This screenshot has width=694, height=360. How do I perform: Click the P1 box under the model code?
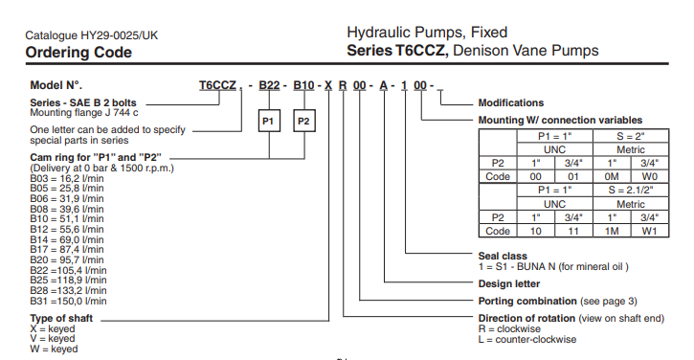coord(269,121)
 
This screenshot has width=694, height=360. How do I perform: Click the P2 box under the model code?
coord(304,121)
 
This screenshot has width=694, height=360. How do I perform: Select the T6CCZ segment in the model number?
coord(217,85)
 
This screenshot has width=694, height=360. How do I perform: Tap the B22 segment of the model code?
coord(269,85)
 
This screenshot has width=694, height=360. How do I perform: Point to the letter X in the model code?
coord(328,85)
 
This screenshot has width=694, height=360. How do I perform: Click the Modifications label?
coord(511,102)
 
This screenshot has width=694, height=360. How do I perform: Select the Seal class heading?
coord(503,256)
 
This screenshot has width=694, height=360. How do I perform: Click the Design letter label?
coord(509,283)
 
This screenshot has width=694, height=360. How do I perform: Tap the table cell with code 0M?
coord(612,177)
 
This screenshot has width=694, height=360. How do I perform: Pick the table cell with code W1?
coord(649,231)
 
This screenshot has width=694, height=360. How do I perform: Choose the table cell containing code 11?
coord(573,231)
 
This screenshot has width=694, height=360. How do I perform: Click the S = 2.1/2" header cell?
coord(631,190)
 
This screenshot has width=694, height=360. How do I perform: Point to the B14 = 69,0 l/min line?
coord(67,239)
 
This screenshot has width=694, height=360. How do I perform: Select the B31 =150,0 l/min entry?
coord(68,301)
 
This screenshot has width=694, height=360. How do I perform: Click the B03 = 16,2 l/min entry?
coord(67,178)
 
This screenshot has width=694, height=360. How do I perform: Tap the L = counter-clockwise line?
coord(527,340)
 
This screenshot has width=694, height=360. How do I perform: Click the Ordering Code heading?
coord(78,53)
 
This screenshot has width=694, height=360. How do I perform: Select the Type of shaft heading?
coord(61,319)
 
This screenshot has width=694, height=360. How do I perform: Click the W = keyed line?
coord(54,349)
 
